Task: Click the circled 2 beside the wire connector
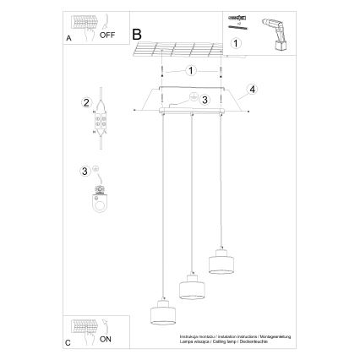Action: coord(86,103)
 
